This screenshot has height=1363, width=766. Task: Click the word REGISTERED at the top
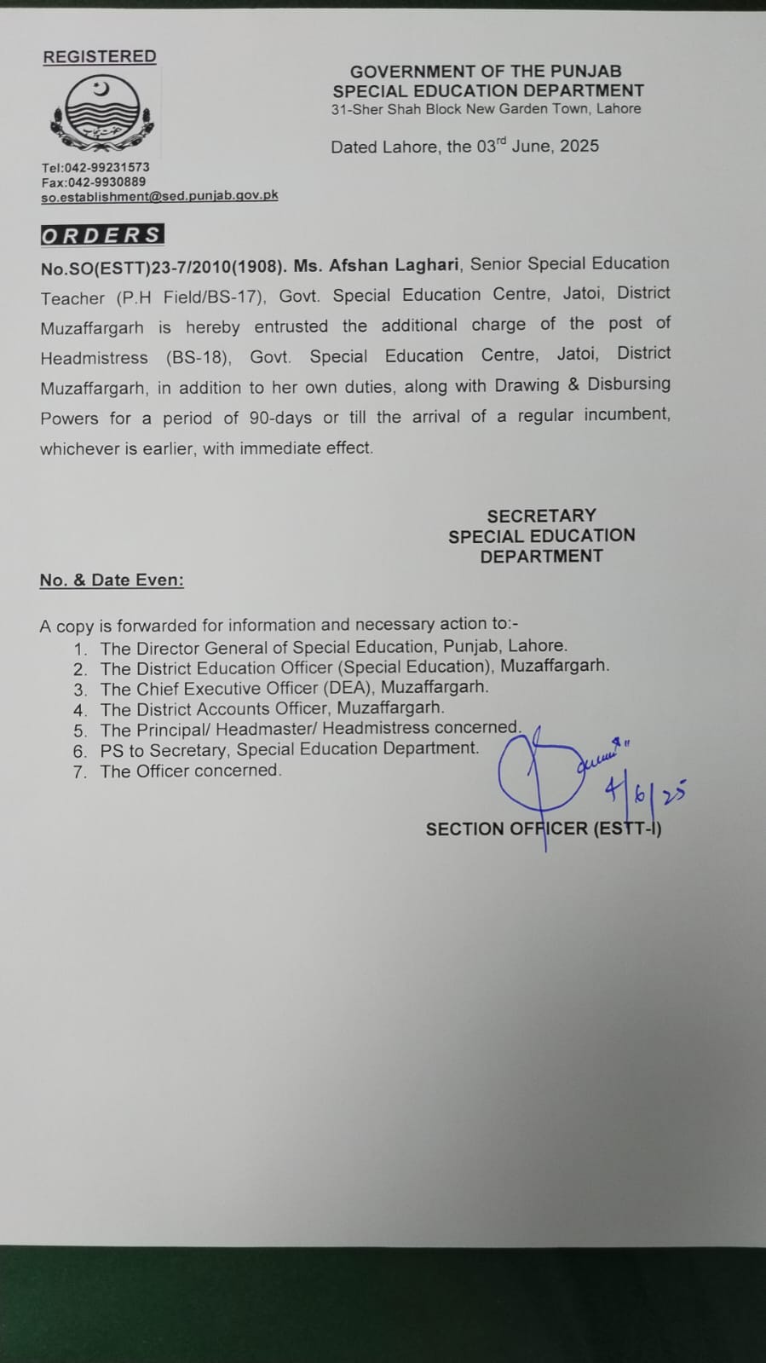pyautogui.click(x=100, y=56)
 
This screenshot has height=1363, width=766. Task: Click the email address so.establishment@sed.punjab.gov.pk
pyautogui.click(x=159, y=195)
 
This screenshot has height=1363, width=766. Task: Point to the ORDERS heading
pyautogui.click(x=101, y=235)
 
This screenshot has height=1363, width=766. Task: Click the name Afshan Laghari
pyautogui.click(x=394, y=265)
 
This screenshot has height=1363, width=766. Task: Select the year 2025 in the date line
pyautogui.click(x=579, y=146)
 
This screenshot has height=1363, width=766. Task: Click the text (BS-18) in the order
pyautogui.click(x=199, y=357)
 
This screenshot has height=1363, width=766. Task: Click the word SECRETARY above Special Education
pyautogui.click(x=541, y=516)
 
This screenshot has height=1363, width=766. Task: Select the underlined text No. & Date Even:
pyautogui.click(x=112, y=580)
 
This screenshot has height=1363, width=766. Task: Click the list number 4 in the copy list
pyautogui.click(x=80, y=710)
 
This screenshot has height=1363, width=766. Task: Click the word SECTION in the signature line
pyautogui.click(x=464, y=829)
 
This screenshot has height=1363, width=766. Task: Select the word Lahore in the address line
pyautogui.click(x=619, y=108)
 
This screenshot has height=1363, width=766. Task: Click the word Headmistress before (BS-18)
pyautogui.click(x=94, y=358)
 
